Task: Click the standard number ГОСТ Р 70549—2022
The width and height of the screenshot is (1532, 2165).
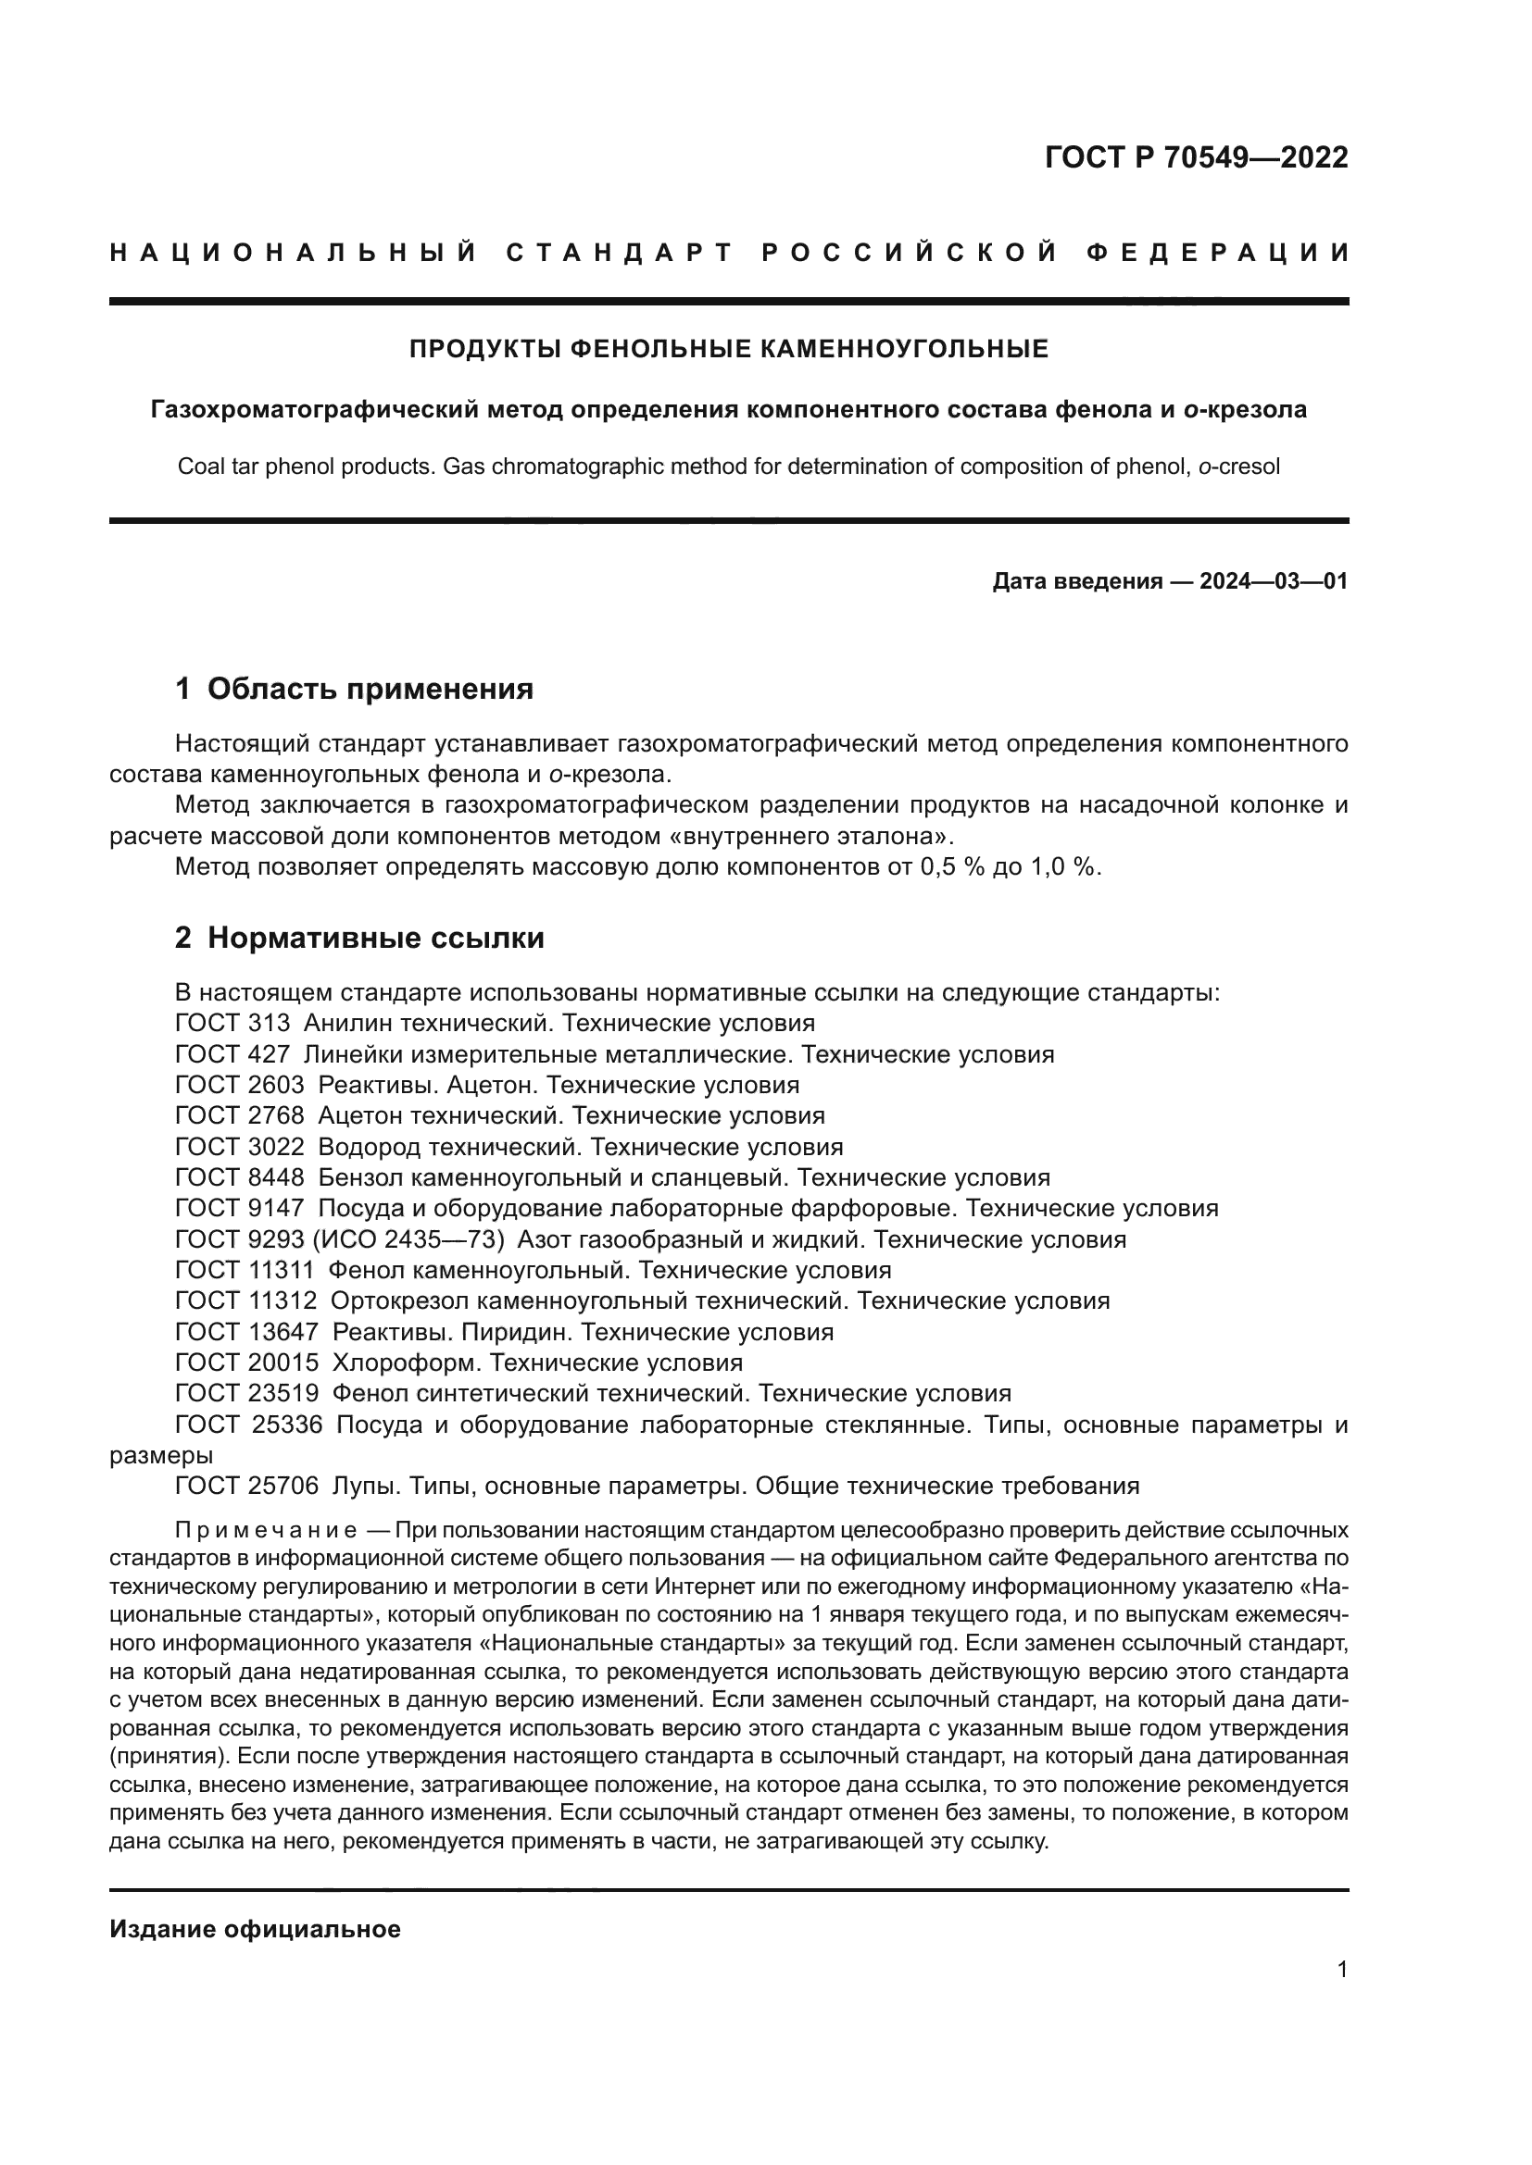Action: [1196, 157]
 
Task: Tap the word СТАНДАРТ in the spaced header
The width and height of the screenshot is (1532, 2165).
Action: [620, 253]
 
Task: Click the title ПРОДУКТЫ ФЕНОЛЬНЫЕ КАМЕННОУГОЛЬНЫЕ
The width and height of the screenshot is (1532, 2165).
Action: [728, 350]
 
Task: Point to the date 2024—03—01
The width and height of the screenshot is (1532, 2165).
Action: [1274, 581]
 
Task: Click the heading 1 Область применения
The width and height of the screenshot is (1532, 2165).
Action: [354, 690]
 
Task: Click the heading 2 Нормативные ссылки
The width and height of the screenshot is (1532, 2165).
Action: [359, 939]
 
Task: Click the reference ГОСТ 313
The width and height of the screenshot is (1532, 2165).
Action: [232, 1023]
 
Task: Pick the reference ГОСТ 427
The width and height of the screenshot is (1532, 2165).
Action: [232, 1054]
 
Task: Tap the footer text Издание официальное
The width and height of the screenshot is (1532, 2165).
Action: [255, 1929]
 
